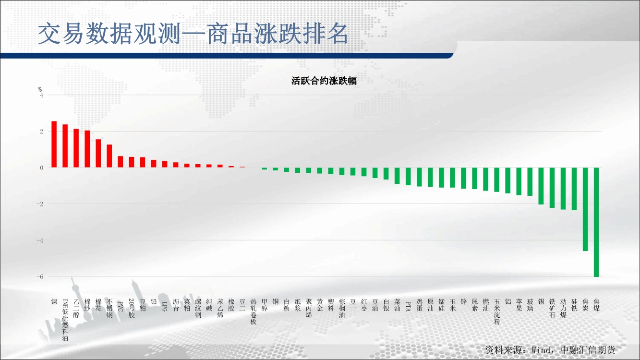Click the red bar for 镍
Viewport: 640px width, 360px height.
click(54, 144)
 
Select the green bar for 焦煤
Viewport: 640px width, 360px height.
click(596, 222)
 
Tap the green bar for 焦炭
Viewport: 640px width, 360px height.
click(585, 209)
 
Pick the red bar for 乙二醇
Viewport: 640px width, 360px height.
click(76, 148)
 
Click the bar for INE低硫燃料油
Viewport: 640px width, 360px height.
click(65, 146)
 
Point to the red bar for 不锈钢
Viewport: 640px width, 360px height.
click(109, 156)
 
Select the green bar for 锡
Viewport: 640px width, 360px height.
click(541, 186)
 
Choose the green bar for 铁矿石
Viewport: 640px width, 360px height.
click(552, 187)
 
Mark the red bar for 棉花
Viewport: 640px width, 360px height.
click(98, 153)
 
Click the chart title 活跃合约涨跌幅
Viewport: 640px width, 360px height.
click(324, 81)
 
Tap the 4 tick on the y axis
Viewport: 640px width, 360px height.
click(42, 95)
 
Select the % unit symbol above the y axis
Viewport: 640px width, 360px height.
click(40, 89)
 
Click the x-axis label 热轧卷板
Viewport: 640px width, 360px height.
click(254, 312)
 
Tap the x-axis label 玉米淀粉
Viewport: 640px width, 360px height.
click(497, 312)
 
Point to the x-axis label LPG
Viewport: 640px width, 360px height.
click(165, 306)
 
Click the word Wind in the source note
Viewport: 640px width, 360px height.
click(542, 350)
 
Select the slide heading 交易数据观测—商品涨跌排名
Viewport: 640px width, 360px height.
click(193, 34)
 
